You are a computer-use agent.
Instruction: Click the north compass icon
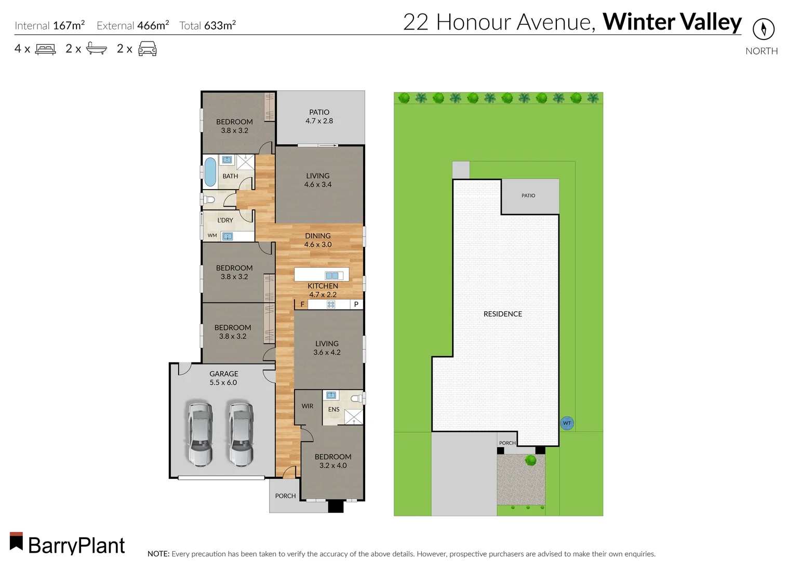763,29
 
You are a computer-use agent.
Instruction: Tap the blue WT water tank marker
567,423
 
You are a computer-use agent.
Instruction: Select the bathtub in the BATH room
210,172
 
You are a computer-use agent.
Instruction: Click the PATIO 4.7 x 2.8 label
319,116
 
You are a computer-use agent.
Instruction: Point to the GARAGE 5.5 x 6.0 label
223,378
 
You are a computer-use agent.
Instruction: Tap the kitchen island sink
331,275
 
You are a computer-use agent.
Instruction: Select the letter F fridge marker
302,304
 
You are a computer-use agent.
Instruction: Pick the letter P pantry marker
356,304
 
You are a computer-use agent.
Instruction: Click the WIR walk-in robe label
308,406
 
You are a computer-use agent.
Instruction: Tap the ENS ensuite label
333,409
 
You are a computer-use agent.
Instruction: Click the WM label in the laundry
212,235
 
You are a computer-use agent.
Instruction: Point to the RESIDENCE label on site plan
502,314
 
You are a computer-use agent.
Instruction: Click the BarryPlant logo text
76,545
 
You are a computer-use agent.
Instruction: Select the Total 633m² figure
207,25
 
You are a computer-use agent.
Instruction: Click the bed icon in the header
45,49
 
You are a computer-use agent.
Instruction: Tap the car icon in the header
147,49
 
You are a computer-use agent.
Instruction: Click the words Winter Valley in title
672,22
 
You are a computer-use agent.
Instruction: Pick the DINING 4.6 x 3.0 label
318,240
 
